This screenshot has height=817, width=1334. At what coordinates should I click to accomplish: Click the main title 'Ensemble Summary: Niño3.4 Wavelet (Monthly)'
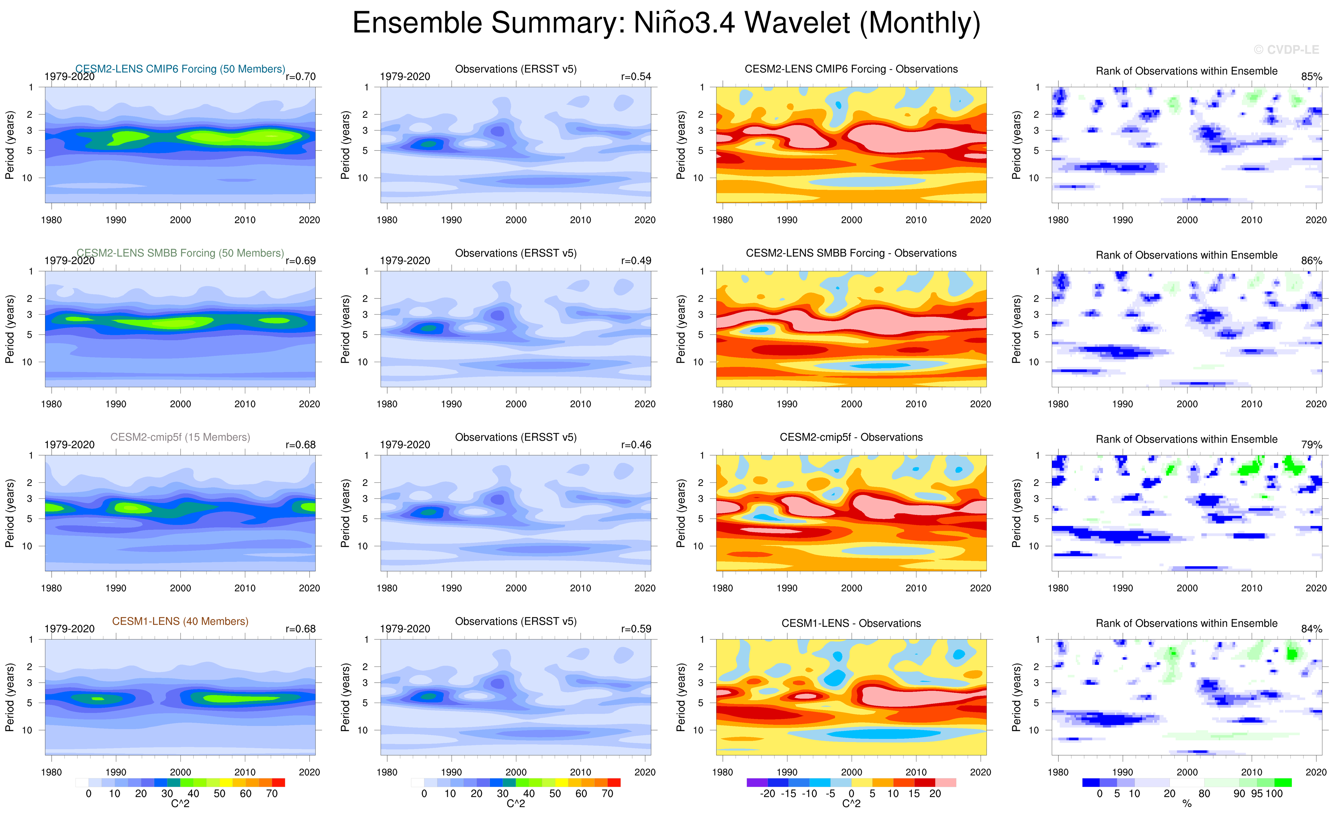pos(666,23)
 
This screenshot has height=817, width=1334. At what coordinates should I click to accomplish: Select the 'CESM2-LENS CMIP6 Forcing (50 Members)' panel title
pos(180,69)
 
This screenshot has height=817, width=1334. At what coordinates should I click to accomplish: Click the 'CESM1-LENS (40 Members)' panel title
pos(180,621)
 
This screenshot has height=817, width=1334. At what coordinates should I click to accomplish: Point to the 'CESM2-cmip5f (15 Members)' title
pos(180,437)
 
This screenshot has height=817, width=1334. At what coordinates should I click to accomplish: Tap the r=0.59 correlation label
pos(636,629)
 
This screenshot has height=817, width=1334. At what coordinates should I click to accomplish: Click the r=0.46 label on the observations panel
pos(636,445)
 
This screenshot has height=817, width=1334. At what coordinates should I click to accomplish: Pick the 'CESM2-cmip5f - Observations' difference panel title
pos(851,437)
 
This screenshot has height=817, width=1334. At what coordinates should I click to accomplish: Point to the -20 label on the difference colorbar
pos(768,794)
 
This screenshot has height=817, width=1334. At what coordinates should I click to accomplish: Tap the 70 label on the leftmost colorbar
pos(272,794)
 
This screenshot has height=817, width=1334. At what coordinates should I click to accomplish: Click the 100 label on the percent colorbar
pos(1274,794)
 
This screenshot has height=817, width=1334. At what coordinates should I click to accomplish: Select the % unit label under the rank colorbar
pos(1187,804)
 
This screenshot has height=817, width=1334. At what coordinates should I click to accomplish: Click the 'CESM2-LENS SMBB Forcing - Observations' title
pos(851,253)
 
